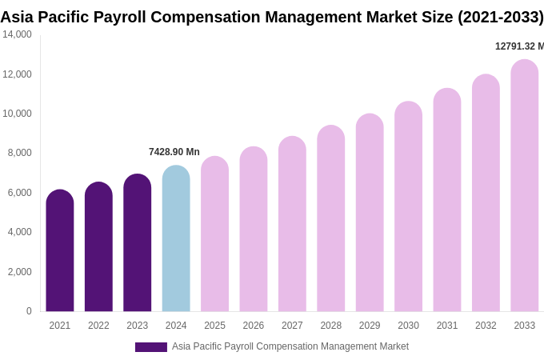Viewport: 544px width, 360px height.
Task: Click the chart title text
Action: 272,17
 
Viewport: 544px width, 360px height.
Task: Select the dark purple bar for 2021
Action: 60,252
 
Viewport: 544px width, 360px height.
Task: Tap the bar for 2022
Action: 98,248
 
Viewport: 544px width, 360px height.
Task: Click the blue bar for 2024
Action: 176,240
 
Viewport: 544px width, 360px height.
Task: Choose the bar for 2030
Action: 408,208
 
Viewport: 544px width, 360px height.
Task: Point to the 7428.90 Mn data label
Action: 174,152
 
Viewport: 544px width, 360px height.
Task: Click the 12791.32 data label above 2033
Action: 518,46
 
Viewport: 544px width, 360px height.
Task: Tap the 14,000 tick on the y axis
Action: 17,34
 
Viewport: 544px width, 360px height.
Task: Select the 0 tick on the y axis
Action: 29,311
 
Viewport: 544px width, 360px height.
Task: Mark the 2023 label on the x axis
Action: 138,326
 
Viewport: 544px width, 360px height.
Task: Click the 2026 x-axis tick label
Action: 254,326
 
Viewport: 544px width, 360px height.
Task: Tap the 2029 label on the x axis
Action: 370,326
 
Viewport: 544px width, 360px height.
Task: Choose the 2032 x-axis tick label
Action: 486,326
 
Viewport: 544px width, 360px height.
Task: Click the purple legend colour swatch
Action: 151,347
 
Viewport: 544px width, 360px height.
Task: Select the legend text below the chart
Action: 290,346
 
